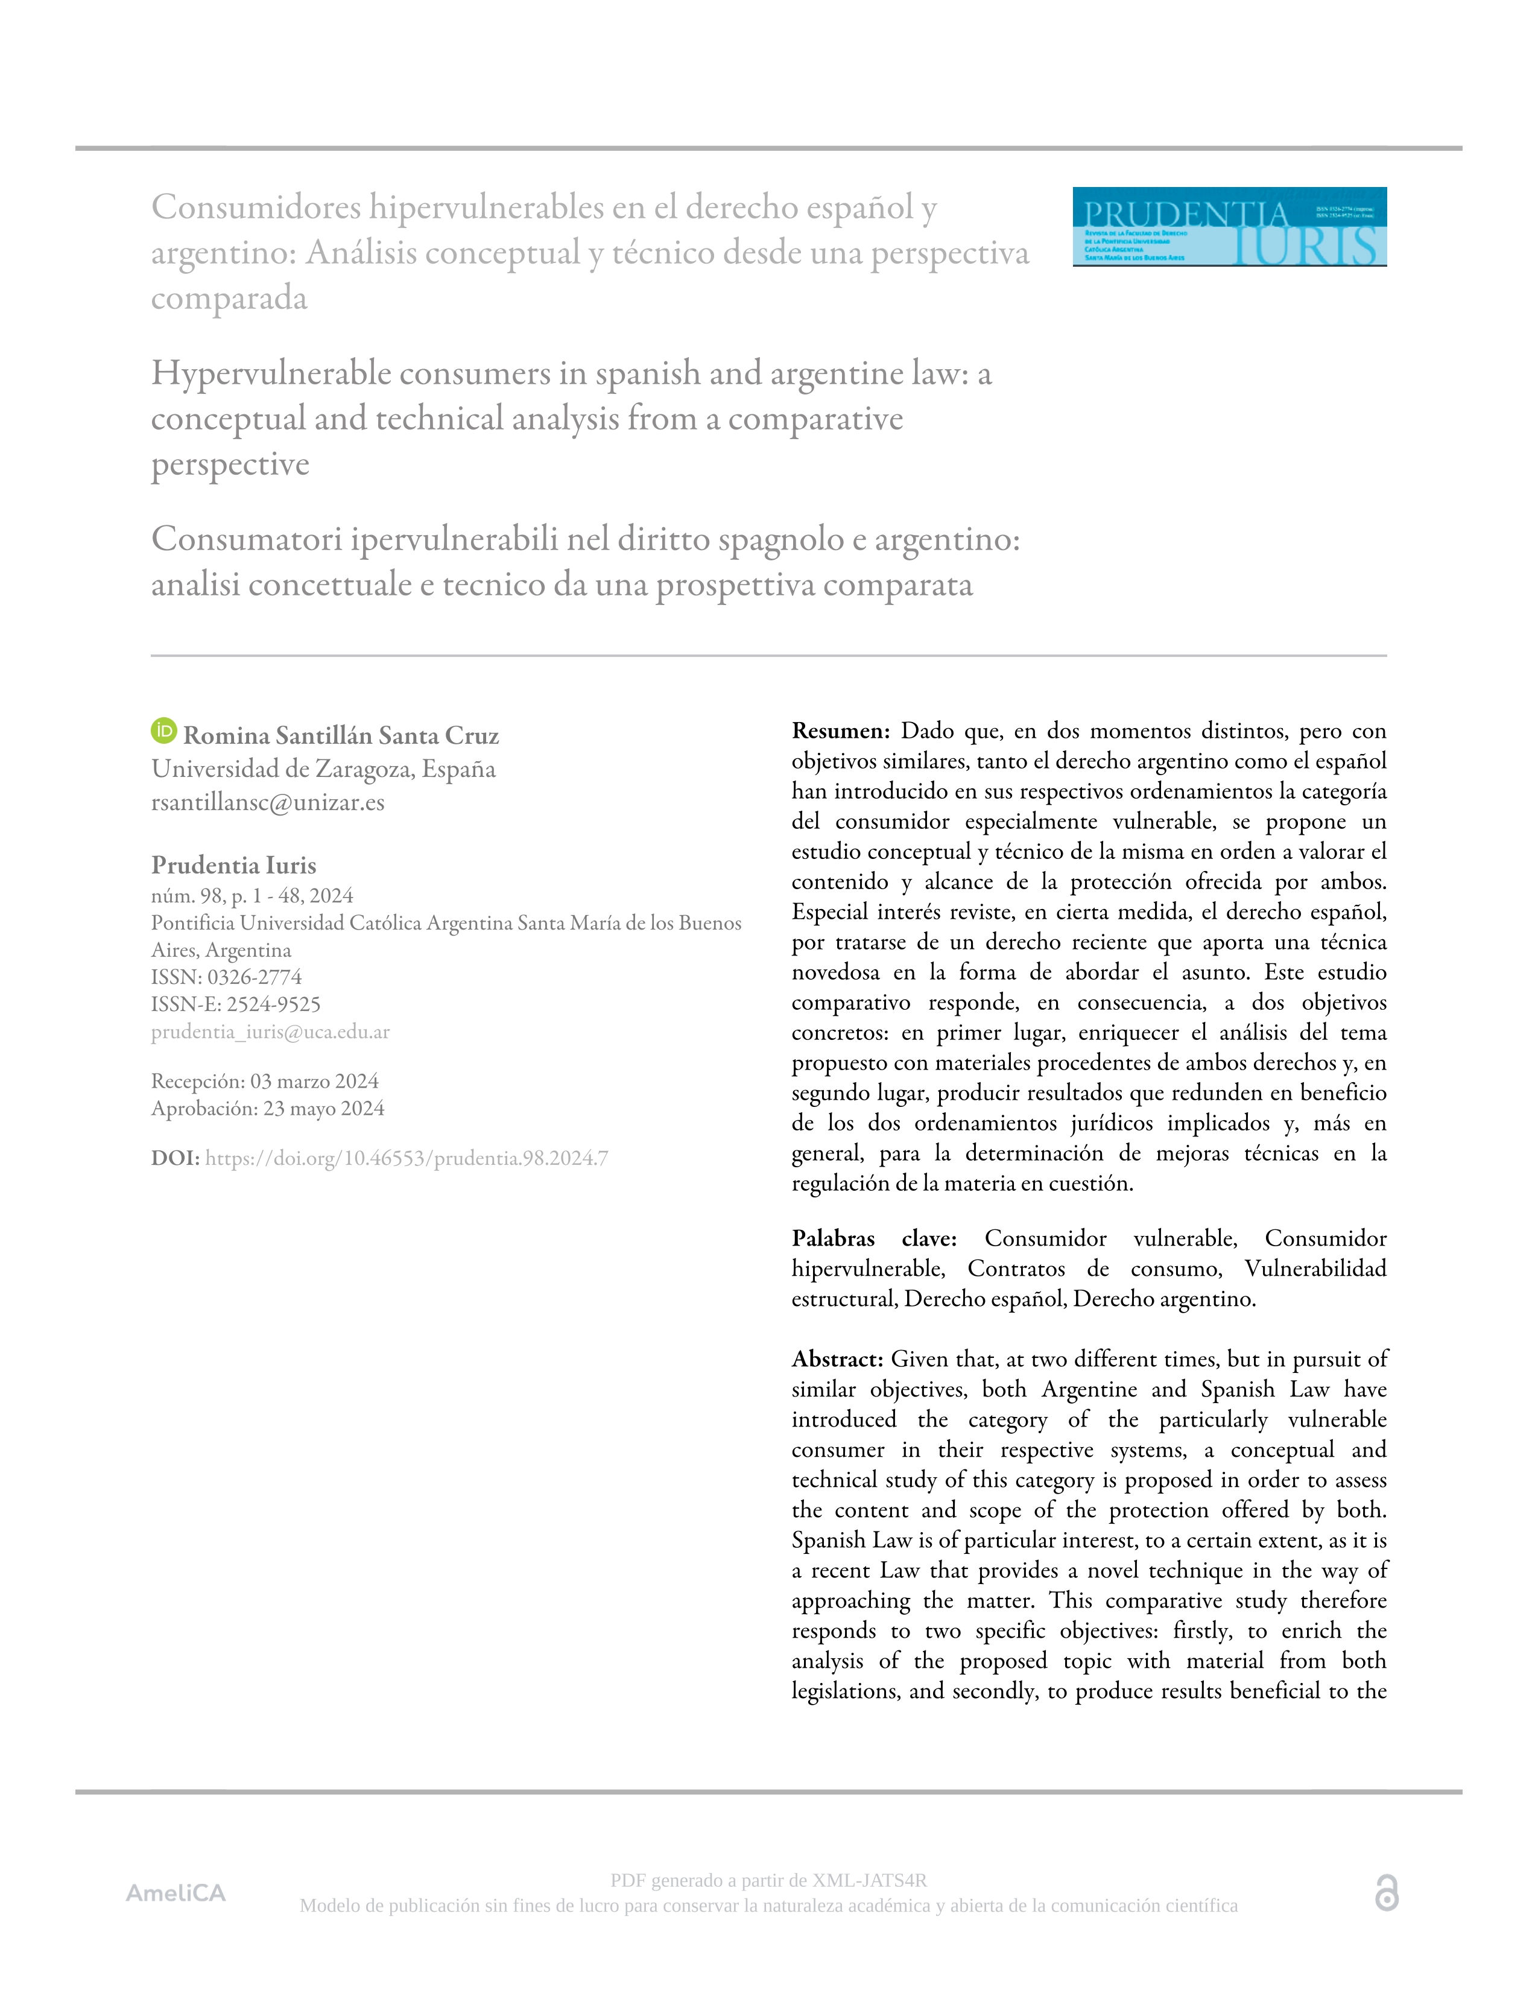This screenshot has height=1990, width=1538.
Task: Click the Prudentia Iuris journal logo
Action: tap(1229, 227)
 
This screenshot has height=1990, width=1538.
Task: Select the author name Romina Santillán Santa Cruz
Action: tap(341, 735)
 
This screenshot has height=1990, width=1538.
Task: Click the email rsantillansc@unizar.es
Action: tap(268, 803)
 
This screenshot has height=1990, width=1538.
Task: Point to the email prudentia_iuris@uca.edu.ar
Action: tap(271, 1031)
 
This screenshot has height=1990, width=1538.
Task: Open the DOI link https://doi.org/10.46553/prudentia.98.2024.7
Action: tap(407, 1158)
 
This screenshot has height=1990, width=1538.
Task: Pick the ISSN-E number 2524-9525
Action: tap(273, 1004)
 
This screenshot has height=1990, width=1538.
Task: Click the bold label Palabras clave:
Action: tap(873, 1238)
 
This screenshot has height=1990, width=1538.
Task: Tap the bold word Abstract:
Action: tap(837, 1360)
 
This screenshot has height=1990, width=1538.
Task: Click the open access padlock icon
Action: tap(1386, 1892)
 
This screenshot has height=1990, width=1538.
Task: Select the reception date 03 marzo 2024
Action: tap(314, 1082)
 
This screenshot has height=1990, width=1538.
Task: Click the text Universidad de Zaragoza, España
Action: tap(323, 769)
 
